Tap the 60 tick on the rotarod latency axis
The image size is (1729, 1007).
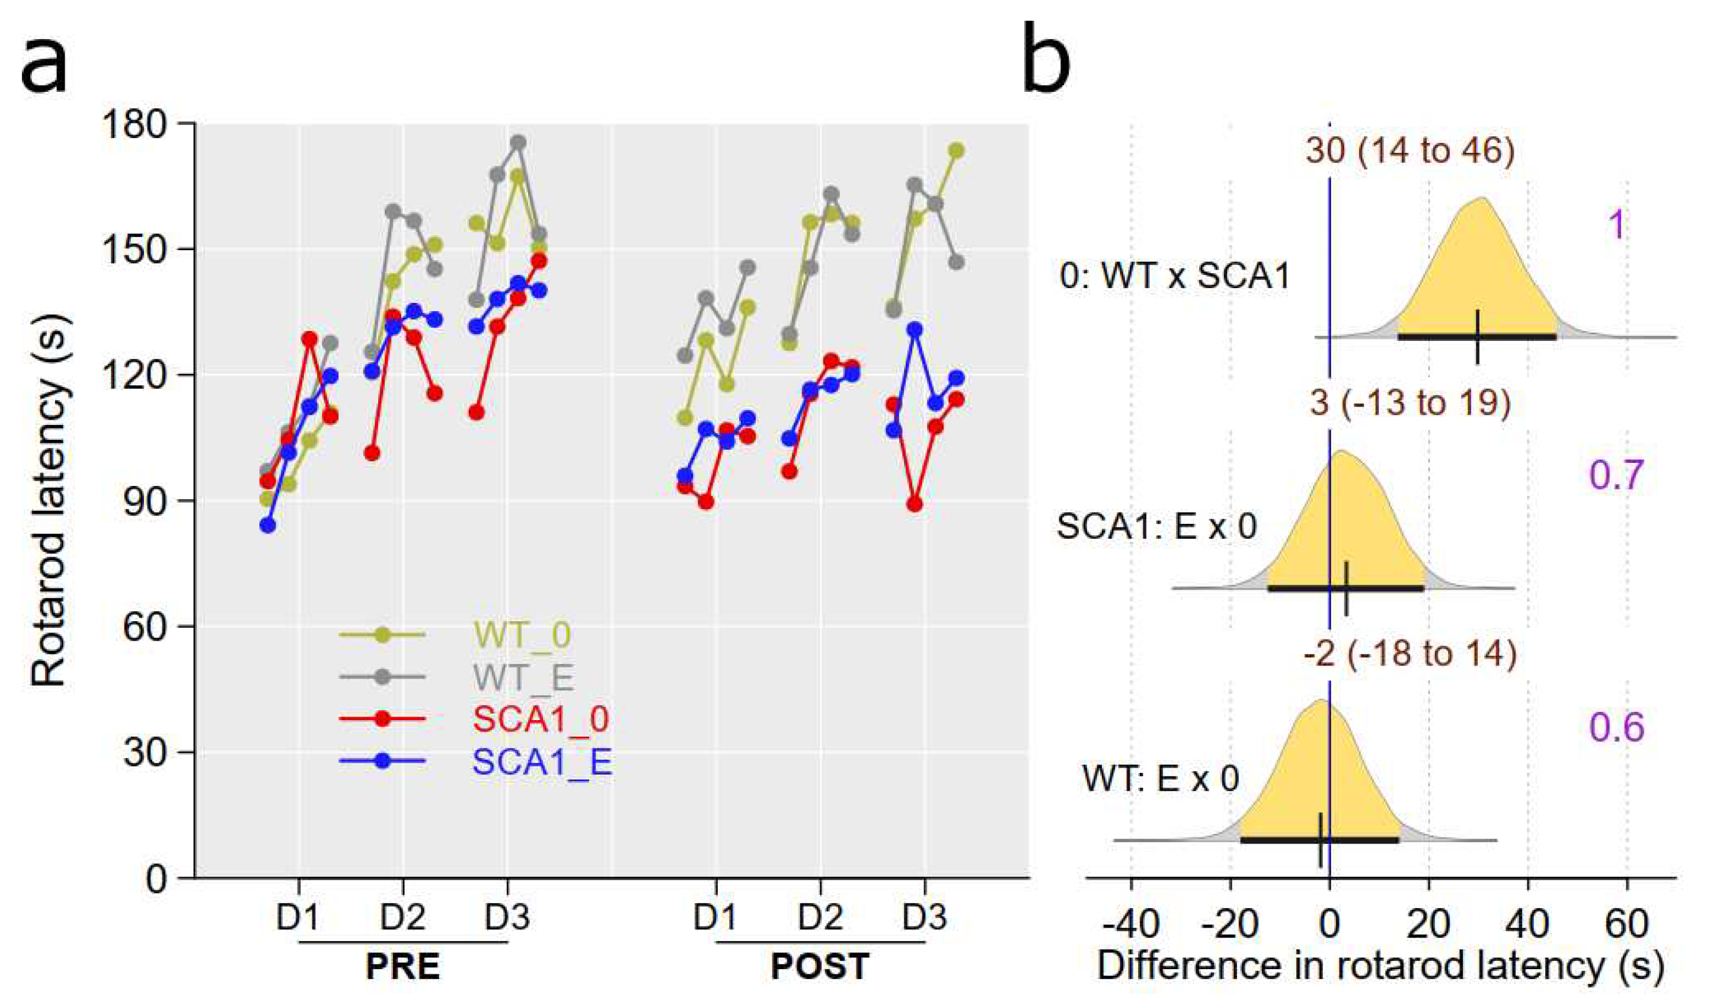(x=144, y=626)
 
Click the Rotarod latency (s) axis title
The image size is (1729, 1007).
(x=49, y=501)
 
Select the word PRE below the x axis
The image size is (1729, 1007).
(x=402, y=967)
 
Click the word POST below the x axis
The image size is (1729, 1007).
(x=820, y=967)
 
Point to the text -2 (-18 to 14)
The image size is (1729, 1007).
(x=1410, y=654)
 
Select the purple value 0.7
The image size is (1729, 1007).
(x=1616, y=475)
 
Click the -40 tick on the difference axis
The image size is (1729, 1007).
(x=1131, y=925)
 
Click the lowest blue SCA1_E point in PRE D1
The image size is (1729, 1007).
(x=267, y=526)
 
